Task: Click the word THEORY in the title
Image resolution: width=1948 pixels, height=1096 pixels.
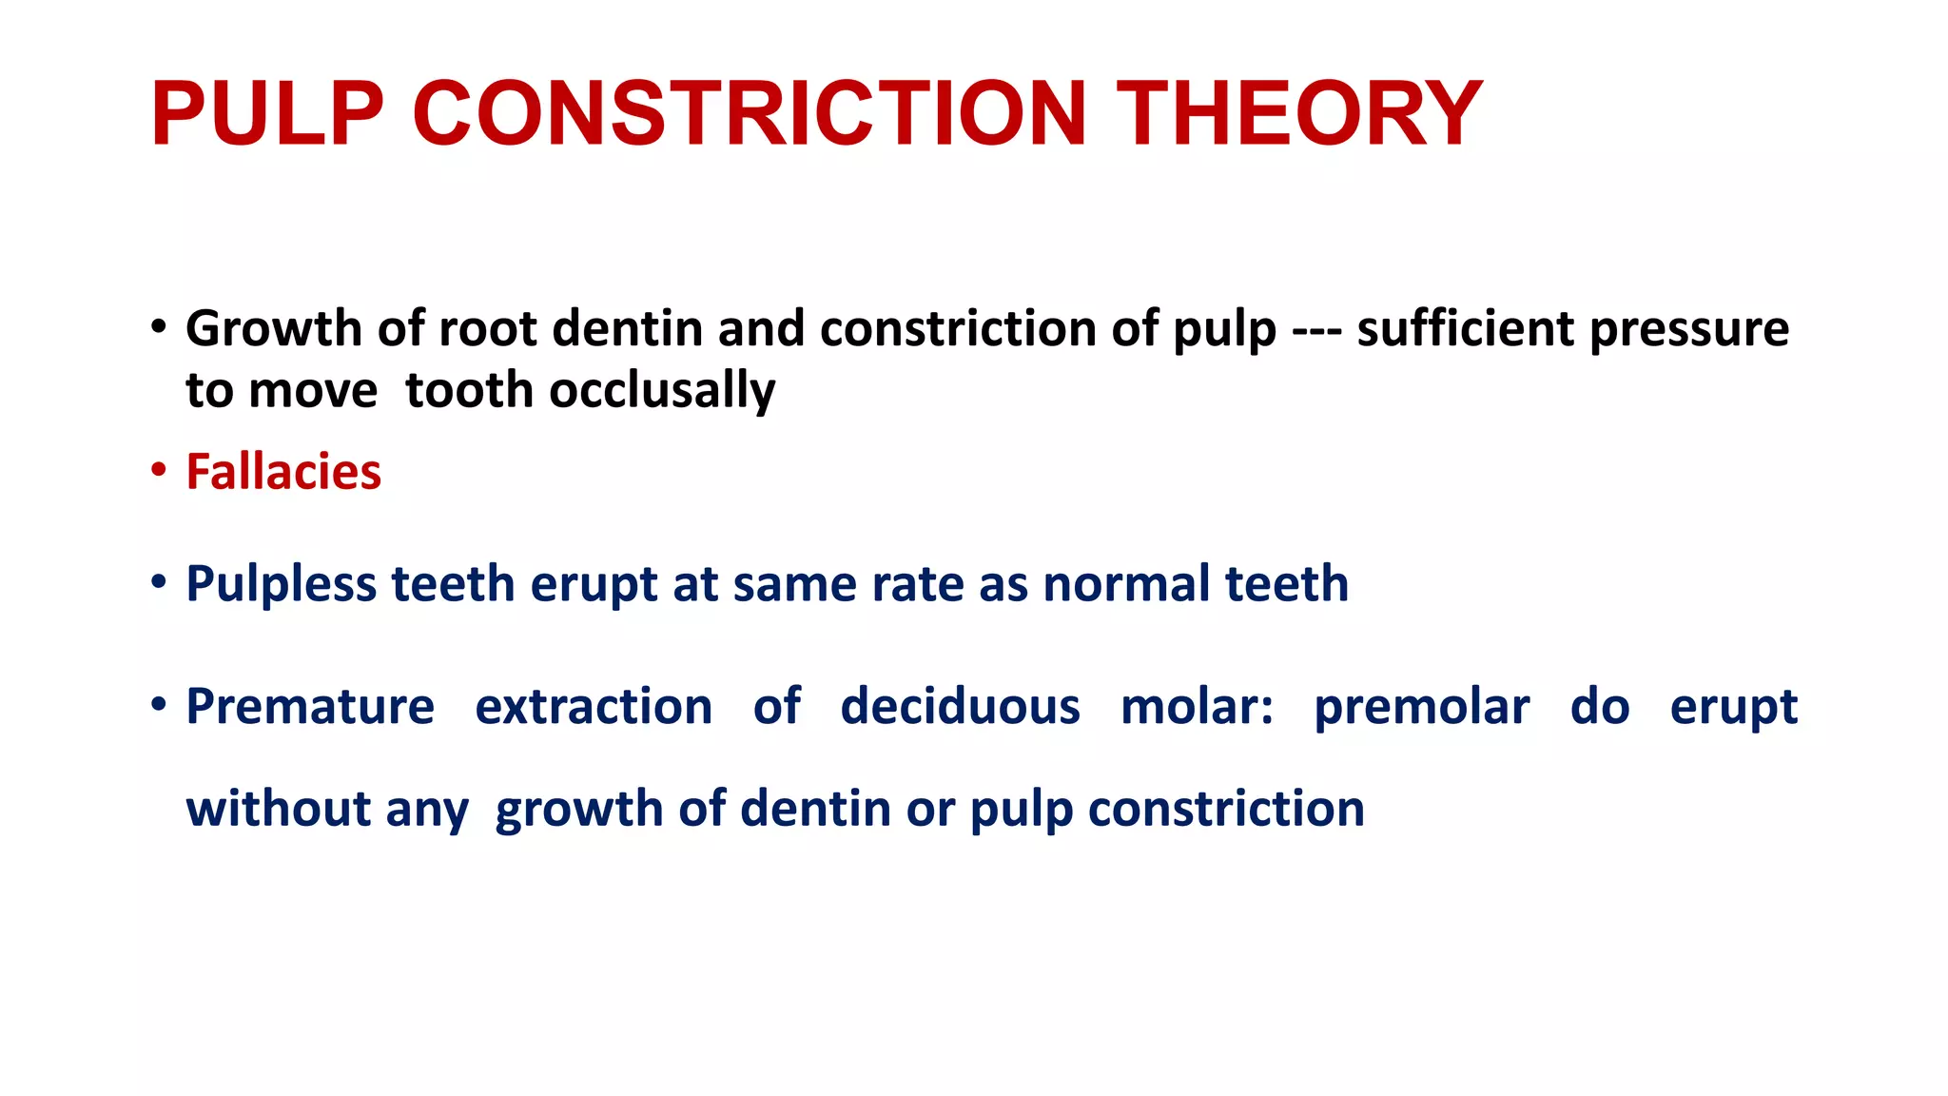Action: pos(1299,114)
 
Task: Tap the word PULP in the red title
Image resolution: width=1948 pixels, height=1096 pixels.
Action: pos(267,114)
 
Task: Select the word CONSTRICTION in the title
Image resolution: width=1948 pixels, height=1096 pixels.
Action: pos(750,114)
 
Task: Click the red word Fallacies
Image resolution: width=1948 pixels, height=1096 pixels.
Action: pos(283,472)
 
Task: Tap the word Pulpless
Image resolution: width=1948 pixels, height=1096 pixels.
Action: pos(281,584)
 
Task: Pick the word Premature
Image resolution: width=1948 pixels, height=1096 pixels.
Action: pos(310,707)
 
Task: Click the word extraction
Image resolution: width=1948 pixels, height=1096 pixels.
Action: pos(594,707)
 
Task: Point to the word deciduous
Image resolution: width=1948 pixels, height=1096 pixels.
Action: pos(960,707)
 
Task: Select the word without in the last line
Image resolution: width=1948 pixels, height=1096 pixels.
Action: pos(278,809)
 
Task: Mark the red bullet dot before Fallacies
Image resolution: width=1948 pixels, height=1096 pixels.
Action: pos(159,469)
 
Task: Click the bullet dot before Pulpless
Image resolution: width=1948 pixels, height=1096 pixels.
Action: pos(159,580)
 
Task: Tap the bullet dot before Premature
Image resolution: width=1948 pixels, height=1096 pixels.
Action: pos(159,704)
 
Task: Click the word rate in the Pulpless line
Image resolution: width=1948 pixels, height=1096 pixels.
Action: pos(904,584)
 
